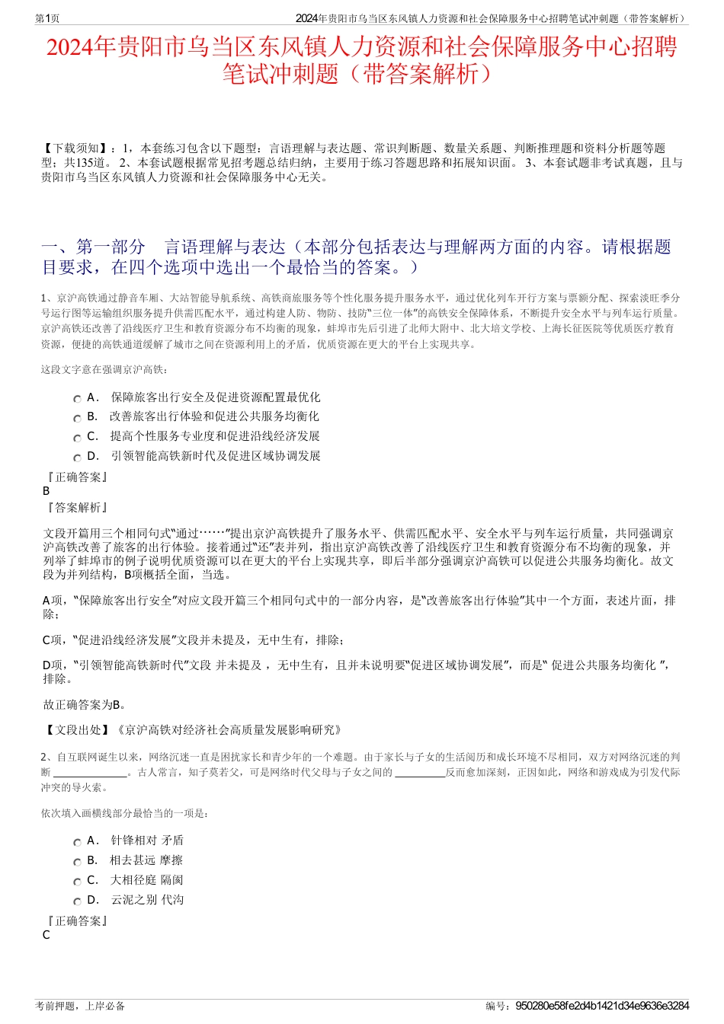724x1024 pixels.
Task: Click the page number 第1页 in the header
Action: [x=48, y=18]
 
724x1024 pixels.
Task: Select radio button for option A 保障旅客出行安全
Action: [x=77, y=399]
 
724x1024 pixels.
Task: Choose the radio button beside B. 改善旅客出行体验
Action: [x=77, y=418]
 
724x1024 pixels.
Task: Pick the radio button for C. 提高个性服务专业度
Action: [x=77, y=438]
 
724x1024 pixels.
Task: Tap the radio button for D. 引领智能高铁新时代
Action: [x=77, y=458]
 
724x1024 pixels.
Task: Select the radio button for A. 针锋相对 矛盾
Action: [x=77, y=842]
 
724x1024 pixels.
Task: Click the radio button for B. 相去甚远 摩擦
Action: [x=77, y=862]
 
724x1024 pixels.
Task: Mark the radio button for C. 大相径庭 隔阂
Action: [x=77, y=882]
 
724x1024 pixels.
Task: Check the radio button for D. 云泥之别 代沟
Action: [x=77, y=901]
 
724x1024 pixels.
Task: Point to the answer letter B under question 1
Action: [x=46, y=491]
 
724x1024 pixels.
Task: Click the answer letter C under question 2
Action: [x=46, y=935]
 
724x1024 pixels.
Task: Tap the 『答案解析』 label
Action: [x=76, y=507]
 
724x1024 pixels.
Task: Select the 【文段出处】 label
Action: [x=78, y=729]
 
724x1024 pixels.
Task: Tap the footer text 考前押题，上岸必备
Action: [x=80, y=1006]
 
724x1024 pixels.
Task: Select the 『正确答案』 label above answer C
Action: [x=76, y=920]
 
